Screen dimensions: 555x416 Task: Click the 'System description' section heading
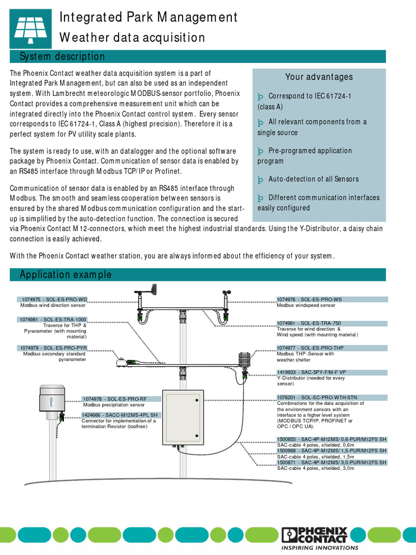pyautogui.click(x=62, y=57)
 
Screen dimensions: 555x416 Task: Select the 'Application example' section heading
pyautogui.click(x=66, y=275)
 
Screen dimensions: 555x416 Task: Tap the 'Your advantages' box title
pyautogui.click(x=318, y=77)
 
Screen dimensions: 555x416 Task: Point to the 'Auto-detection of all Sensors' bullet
pyautogui.click(x=313, y=179)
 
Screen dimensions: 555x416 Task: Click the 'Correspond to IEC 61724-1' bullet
pyautogui.click(x=310, y=96)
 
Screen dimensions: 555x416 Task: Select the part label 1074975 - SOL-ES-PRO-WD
pyautogui.click(x=53, y=299)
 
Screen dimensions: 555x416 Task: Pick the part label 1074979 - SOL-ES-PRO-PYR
pyautogui.click(x=53, y=348)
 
